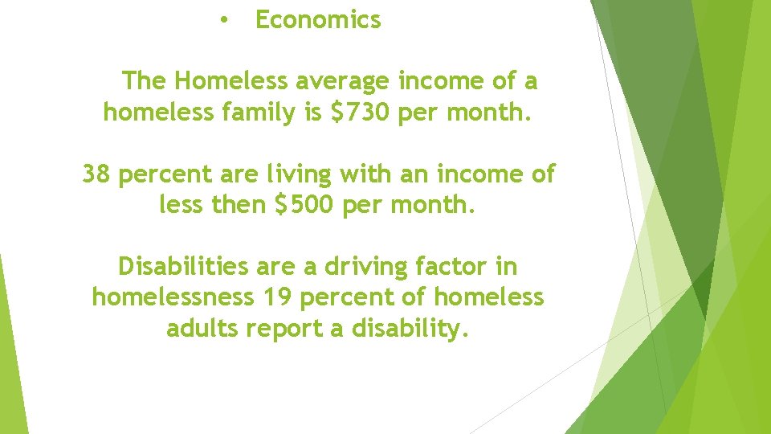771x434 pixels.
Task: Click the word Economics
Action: pos(318,20)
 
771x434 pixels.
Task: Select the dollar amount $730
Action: pos(359,113)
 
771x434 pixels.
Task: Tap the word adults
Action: pos(203,329)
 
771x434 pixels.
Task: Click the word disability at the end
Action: pos(410,329)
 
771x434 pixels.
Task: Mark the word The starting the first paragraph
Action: pos(144,81)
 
